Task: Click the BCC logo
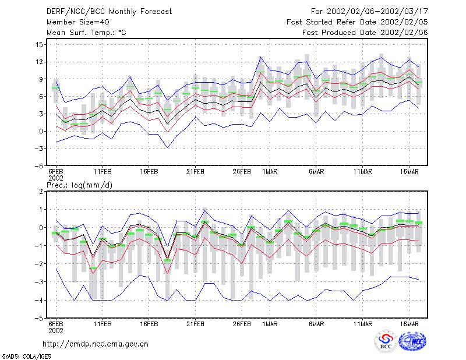[386, 342]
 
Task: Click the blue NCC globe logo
[412, 341]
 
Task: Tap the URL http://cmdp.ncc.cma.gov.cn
[96, 344]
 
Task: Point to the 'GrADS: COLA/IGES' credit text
[26, 357]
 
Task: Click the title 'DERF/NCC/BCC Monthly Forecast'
[109, 12]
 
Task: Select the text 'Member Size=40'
[78, 22]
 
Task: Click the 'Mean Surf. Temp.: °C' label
[86, 33]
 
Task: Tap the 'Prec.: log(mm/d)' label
[79, 185]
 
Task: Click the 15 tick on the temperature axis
[39, 45]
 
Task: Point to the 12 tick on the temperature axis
[39, 62]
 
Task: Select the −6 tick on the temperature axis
[38, 166]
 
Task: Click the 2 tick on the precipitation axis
[41, 192]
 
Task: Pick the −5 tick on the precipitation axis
[38, 319]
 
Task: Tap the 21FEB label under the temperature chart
[195, 172]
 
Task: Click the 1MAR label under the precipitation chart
[270, 324]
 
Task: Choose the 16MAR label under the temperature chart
[409, 172]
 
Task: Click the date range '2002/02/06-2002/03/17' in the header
[377, 12]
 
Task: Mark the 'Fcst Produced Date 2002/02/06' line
[365, 33]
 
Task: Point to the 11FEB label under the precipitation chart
[103, 324]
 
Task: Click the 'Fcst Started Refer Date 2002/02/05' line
[357, 22]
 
